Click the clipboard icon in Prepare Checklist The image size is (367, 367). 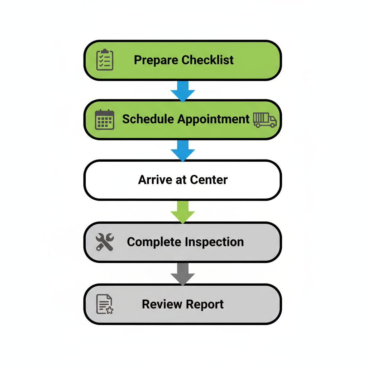point(105,60)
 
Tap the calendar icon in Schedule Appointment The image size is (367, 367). point(105,119)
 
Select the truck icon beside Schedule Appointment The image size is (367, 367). point(265,120)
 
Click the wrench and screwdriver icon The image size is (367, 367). point(105,242)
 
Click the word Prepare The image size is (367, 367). point(156,60)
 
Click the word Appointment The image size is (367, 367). point(213,119)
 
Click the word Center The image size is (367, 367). point(209,180)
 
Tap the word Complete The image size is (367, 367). point(154,242)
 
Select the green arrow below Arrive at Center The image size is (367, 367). point(183,212)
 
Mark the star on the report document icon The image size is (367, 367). point(109,310)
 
